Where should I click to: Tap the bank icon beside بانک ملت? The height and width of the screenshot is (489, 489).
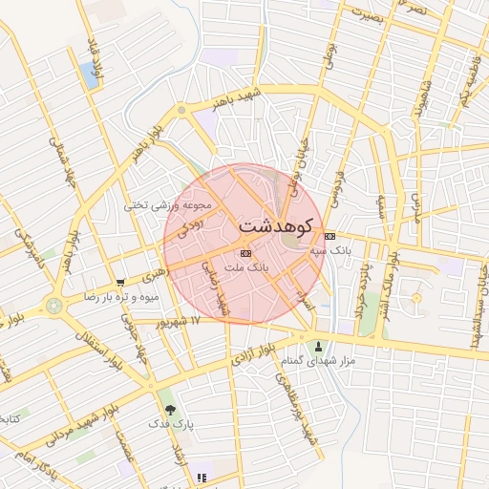tap(245, 253)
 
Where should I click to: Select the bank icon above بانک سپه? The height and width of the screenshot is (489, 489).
tap(330, 236)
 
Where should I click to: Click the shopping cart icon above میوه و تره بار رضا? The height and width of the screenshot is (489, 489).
tap(120, 283)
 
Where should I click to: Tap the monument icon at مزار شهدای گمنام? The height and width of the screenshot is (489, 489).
tap(318, 346)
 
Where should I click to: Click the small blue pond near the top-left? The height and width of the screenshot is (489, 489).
tap(92, 74)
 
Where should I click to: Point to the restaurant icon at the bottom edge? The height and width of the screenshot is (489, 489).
tap(201, 478)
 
